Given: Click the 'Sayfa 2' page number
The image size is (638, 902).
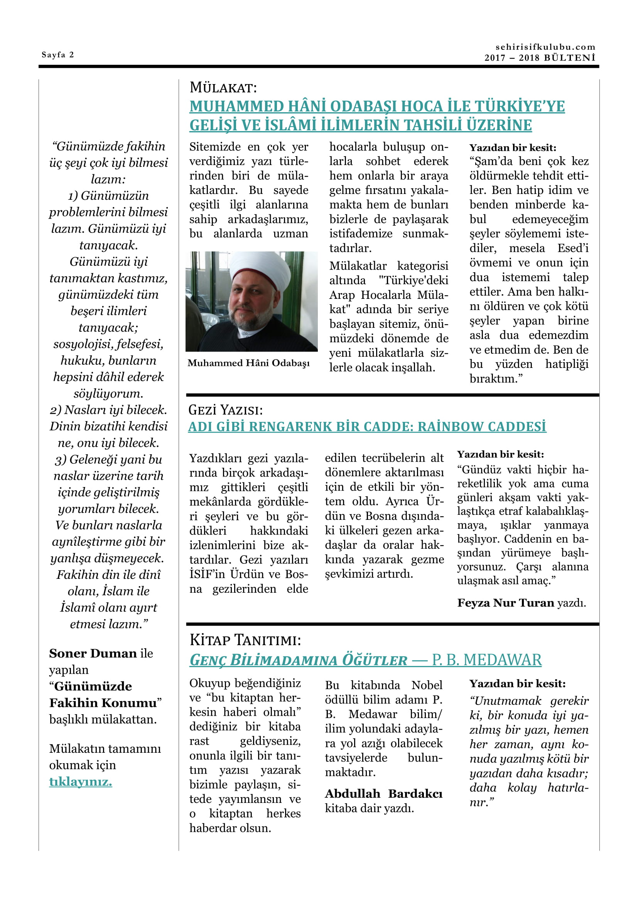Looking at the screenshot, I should pos(58,55).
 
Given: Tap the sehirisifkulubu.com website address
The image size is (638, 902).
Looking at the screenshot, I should pos(545,47).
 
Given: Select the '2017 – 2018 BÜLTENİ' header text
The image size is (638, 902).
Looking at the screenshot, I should pos(540,58).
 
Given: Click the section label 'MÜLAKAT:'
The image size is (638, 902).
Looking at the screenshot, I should pos(223,88).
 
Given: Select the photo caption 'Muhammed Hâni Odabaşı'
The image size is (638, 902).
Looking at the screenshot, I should pos(248,363).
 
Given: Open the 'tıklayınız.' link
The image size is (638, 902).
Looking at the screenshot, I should pos(81,781).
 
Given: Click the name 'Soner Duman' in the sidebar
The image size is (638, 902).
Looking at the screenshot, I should pos(93,653).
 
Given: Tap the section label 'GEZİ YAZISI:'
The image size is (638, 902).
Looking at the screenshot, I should pos(226,410).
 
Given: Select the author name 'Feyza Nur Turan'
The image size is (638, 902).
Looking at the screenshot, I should pos(506,603).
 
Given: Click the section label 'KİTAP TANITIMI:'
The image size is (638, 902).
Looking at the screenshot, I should pos(245,640).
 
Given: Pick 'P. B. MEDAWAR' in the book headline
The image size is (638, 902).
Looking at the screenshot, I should pos(486,660).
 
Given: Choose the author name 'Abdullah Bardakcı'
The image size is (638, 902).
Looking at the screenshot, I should pos(383,794).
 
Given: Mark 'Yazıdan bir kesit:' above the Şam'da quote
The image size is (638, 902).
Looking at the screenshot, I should pos(513,148).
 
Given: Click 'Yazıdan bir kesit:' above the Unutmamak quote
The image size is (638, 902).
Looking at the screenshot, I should pos(517,684).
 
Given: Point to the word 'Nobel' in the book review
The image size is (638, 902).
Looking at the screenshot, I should pos(427,685).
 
